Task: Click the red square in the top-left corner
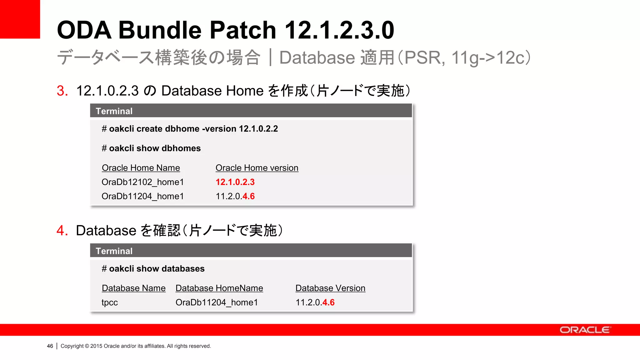tap(20, 19)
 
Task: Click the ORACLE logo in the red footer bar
tap(585, 330)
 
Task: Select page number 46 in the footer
tap(50, 346)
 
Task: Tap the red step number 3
tap(62, 91)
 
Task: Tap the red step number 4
tap(62, 231)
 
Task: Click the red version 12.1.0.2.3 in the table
tap(235, 182)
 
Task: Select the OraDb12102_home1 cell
tap(143, 182)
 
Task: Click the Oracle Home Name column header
tap(141, 168)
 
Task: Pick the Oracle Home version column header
tap(257, 168)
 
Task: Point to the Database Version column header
tap(330, 288)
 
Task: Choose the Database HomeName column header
tap(219, 288)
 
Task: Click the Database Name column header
tap(134, 288)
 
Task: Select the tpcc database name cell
tap(110, 302)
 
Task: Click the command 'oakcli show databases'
tap(157, 269)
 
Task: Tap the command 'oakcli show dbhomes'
tap(155, 148)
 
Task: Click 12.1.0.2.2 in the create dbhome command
tap(258, 129)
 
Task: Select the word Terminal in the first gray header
tap(114, 111)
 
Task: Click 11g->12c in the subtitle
tap(491, 58)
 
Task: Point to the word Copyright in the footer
tap(72, 346)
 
